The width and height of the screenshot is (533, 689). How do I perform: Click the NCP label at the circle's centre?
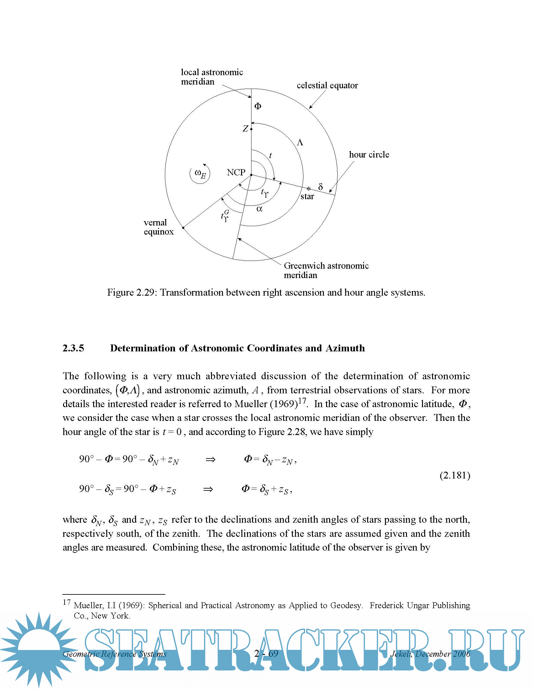tap(236, 173)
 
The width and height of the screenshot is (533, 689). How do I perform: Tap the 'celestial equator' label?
tap(327, 85)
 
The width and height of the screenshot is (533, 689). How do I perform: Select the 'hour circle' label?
tap(369, 155)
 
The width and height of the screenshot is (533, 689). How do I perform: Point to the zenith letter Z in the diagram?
tap(245, 129)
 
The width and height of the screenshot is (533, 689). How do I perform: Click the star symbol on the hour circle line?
tap(309, 189)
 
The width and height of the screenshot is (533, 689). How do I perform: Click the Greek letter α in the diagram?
tap(259, 209)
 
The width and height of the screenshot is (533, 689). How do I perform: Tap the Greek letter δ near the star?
tap(320, 187)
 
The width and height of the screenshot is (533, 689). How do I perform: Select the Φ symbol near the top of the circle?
tap(258, 106)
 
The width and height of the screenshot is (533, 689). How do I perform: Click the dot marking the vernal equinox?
tap(183, 227)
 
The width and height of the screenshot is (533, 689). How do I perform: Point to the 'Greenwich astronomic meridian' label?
tap(326, 270)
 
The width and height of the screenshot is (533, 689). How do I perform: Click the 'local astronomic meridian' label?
tap(212, 77)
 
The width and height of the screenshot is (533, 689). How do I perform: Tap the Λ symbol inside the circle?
tap(300, 142)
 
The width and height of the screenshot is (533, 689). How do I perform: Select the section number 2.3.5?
tap(73, 348)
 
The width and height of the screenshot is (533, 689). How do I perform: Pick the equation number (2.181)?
tap(455, 475)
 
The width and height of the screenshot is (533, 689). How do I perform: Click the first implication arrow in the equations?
tap(210, 459)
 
